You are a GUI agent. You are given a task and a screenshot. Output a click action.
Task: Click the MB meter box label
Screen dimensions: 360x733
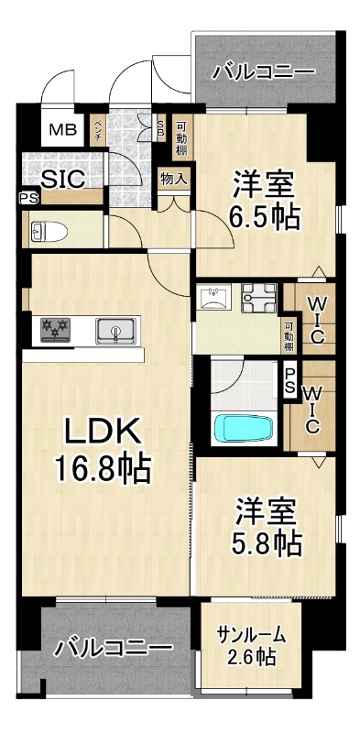[62, 129]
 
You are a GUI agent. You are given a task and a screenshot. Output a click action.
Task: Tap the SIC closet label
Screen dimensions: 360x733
[62, 179]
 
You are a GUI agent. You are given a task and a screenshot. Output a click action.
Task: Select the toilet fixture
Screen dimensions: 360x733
[49, 232]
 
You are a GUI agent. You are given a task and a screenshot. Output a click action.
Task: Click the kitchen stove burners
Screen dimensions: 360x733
[55, 330]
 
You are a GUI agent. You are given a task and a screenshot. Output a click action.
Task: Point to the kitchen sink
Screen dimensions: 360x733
[118, 331]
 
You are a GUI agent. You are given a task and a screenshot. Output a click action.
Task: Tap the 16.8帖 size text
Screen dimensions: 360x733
[103, 469]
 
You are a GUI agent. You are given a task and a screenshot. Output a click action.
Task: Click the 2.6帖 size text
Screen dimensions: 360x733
[251, 658]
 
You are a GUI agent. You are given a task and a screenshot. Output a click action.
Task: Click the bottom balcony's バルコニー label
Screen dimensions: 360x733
[113, 648]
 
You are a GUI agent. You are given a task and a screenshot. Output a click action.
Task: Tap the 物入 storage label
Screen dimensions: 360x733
[174, 178]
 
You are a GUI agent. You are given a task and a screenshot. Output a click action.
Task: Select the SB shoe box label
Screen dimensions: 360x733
[160, 126]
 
